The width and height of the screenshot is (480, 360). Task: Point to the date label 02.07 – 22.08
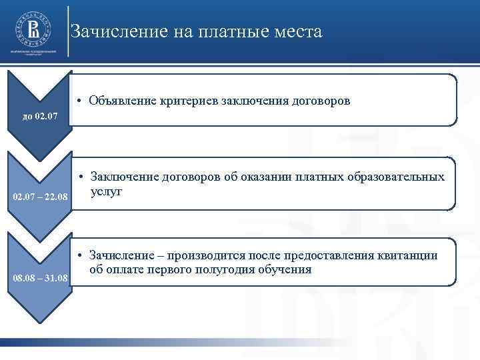(x=41, y=198)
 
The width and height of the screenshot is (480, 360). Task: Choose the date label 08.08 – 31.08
(x=41, y=277)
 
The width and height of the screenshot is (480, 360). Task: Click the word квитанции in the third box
(x=407, y=255)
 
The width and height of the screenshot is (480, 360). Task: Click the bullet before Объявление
(x=79, y=101)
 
